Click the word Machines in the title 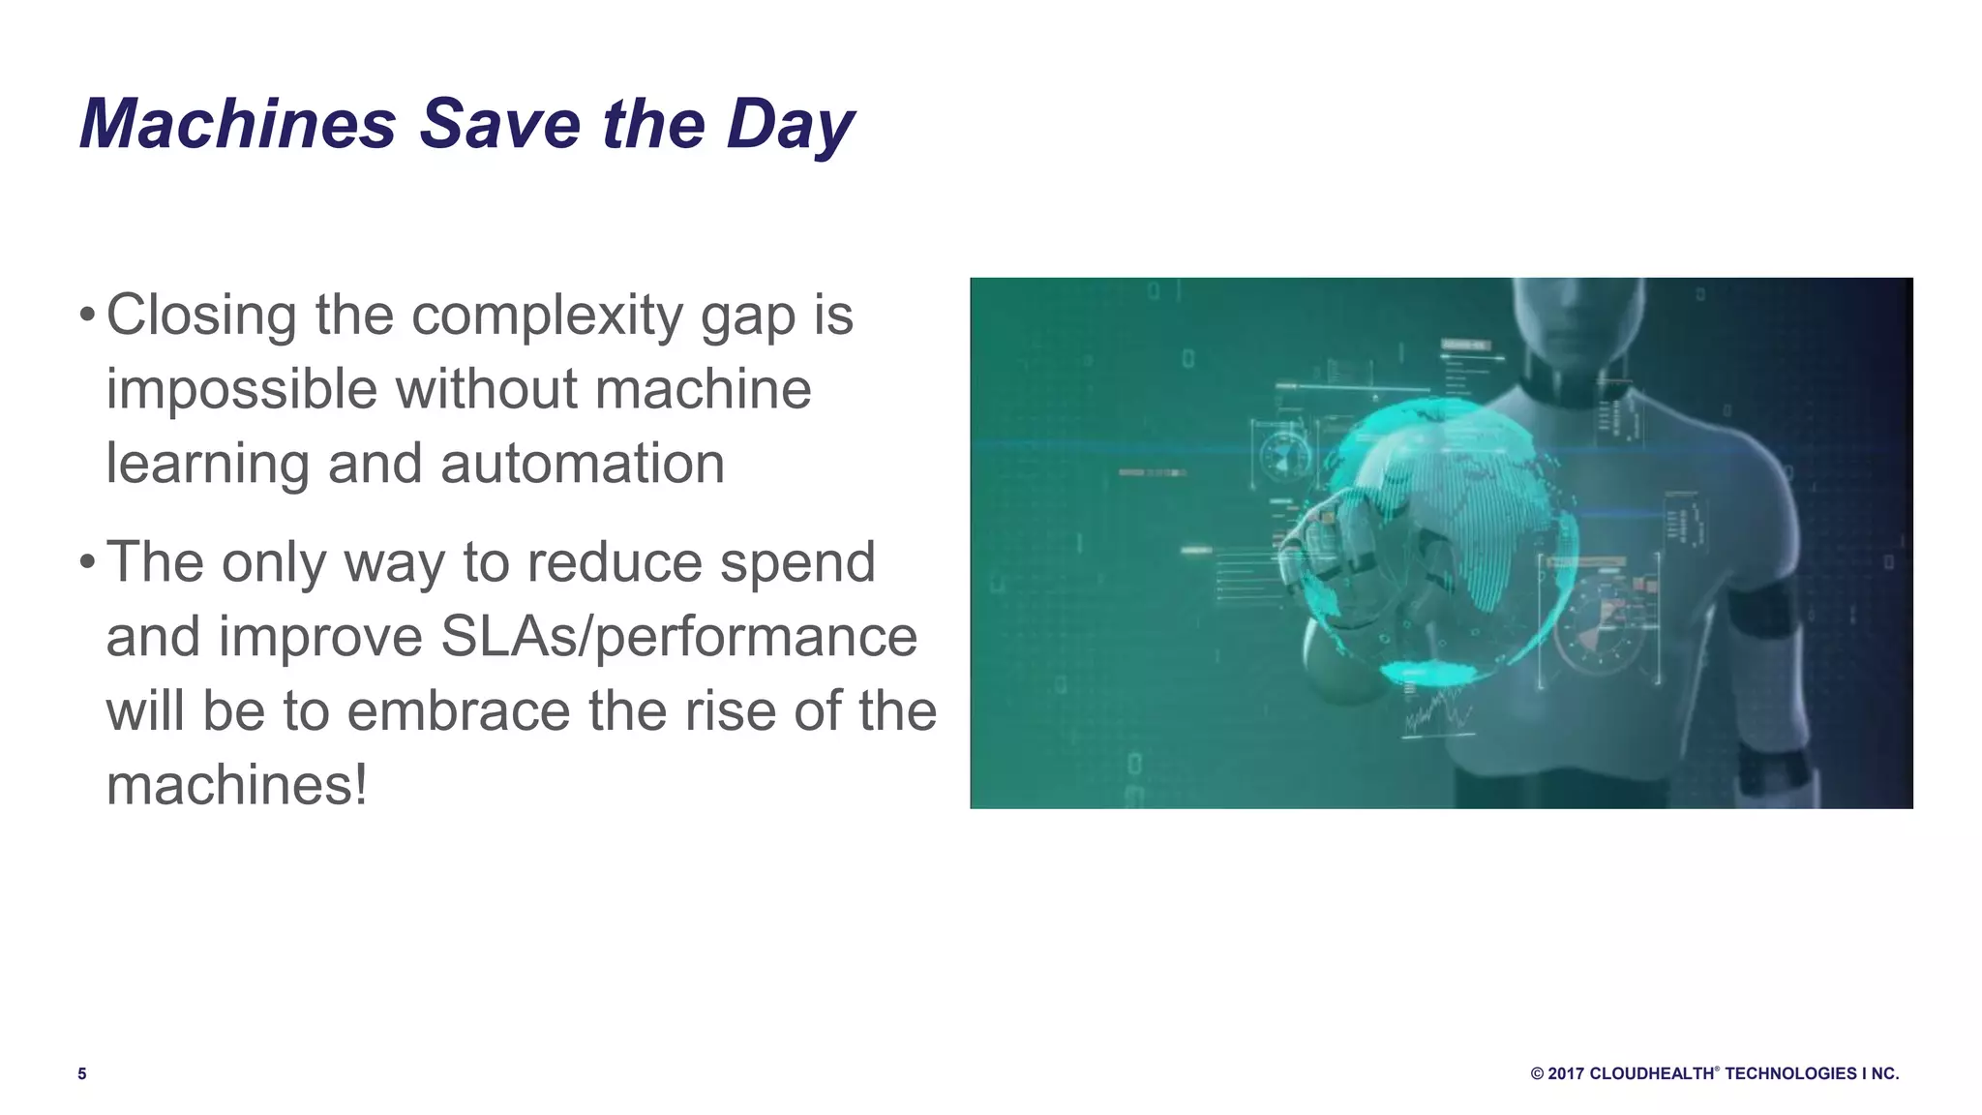click(x=238, y=124)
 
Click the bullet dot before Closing click(x=87, y=316)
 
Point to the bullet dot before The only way click(x=87, y=562)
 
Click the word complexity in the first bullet click(x=547, y=316)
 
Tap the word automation click(x=582, y=463)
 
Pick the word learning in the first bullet click(x=207, y=465)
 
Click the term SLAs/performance click(x=677, y=637)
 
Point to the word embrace click(x=459, y=710)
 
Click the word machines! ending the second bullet click(x=237, y=784)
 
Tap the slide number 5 click(x=82, y=1073)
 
